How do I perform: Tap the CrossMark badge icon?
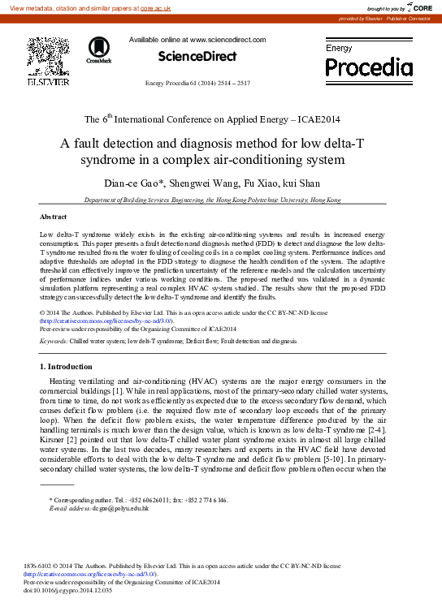98,49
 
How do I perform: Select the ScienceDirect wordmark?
197,56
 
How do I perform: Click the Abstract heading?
54,217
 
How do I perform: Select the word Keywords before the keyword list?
54,342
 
